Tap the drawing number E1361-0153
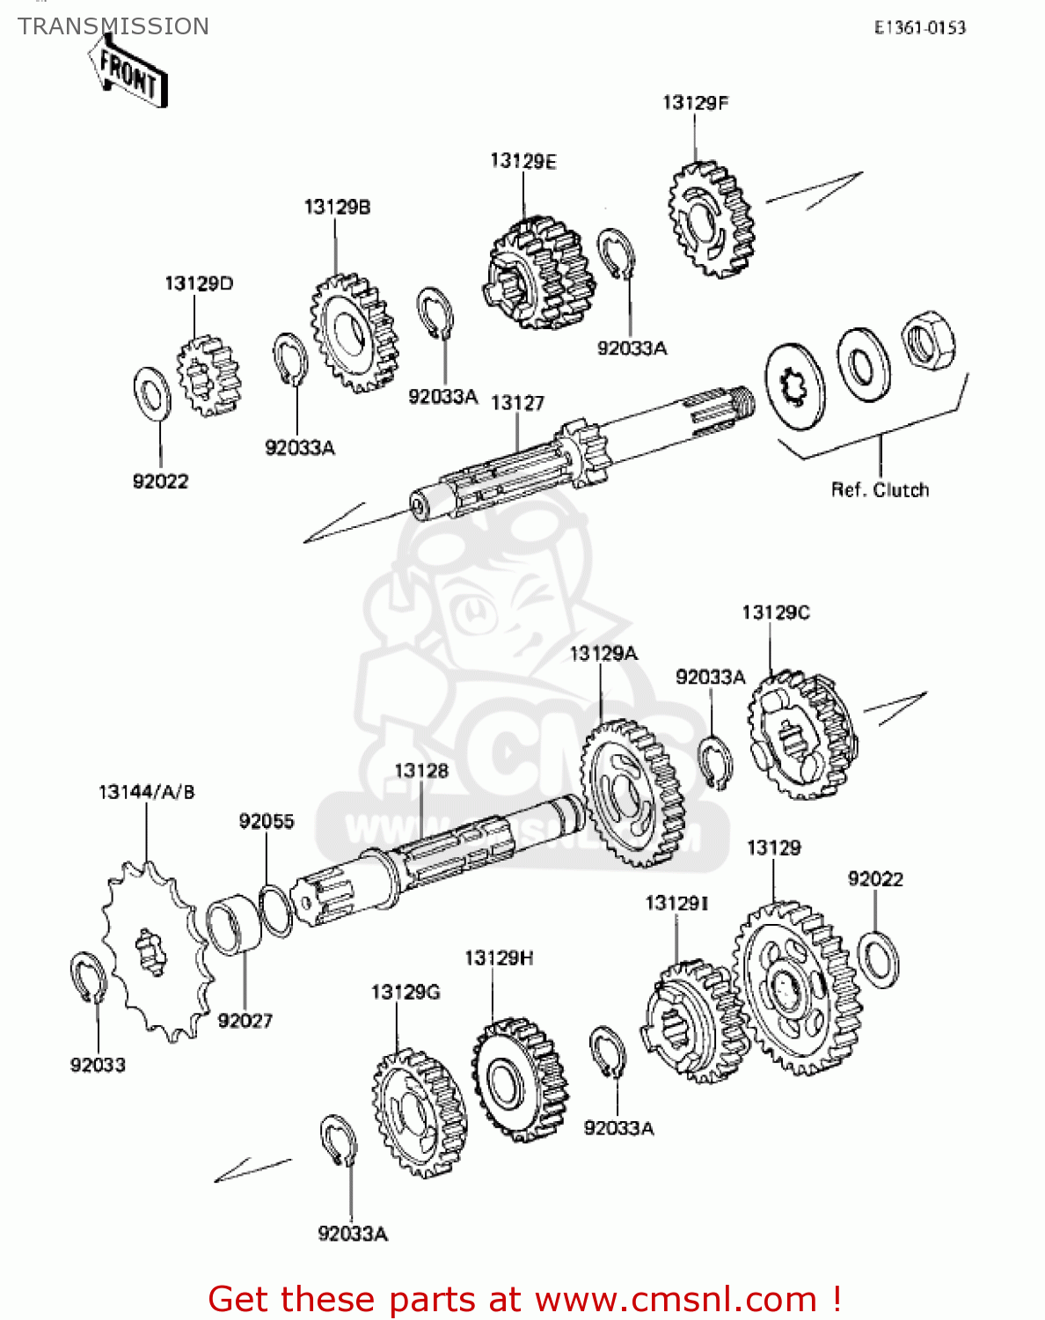pos(919,28)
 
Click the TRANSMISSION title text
pos(113,26)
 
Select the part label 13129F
pos(695,103)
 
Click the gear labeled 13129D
pos(208,376)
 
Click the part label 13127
pos(517,403)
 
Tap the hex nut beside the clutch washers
pos(928,341)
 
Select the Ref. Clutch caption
pos(880,490)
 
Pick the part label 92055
pos(267,821)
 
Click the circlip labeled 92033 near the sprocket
pos(88,977)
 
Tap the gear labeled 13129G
pos(419,1113)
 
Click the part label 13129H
pos(499,957)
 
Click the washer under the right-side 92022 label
pos(877,959)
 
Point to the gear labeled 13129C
pos(802,735)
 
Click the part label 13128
pos(420,771)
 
